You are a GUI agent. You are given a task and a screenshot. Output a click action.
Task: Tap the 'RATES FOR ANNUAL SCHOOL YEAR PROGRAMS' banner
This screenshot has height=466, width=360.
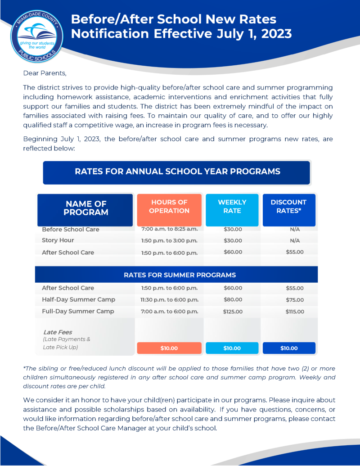click(x=177, y=172)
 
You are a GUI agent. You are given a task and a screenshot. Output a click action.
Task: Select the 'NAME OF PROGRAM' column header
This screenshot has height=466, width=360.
click(x=85, y=208)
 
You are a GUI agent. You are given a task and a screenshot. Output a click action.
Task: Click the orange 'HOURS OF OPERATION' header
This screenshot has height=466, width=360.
click(x=169, y=207)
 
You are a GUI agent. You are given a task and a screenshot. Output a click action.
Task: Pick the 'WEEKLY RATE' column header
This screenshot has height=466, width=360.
click(x=232, y=207)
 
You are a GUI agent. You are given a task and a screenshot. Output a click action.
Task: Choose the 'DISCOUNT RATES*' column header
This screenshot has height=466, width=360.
click(x=288, y=207)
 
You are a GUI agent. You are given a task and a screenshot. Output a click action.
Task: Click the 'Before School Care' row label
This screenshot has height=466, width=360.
click(x=70, y=229)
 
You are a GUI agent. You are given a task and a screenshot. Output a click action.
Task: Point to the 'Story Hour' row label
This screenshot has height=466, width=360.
click(x=58, y=240)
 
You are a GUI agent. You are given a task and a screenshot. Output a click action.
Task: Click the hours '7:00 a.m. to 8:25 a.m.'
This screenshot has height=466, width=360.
click(x=169, y=229)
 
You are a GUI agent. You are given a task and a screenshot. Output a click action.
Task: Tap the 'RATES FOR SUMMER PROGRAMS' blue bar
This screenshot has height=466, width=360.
click(x=180, y=275)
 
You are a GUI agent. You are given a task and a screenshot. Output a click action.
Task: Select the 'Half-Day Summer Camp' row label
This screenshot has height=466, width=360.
click(x=78, y=300)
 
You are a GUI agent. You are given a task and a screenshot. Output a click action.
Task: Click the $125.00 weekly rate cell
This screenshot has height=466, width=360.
click(x=233, y=312)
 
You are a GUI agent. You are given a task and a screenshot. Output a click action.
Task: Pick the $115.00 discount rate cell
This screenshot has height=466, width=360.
click(x=295, y=312)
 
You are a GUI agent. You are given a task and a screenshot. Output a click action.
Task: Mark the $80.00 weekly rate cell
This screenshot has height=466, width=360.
click(x=233, y=300)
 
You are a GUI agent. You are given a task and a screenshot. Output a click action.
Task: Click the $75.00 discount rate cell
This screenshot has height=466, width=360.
click(x=295, y=300)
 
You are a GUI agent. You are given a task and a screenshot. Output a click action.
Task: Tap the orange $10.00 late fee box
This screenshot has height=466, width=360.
click(x=169, y=348)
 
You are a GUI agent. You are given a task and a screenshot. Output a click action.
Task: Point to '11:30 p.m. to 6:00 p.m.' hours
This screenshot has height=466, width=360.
click(x=169, y=300)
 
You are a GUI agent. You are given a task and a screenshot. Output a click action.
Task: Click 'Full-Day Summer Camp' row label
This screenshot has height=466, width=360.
click(x=78, y=312)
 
